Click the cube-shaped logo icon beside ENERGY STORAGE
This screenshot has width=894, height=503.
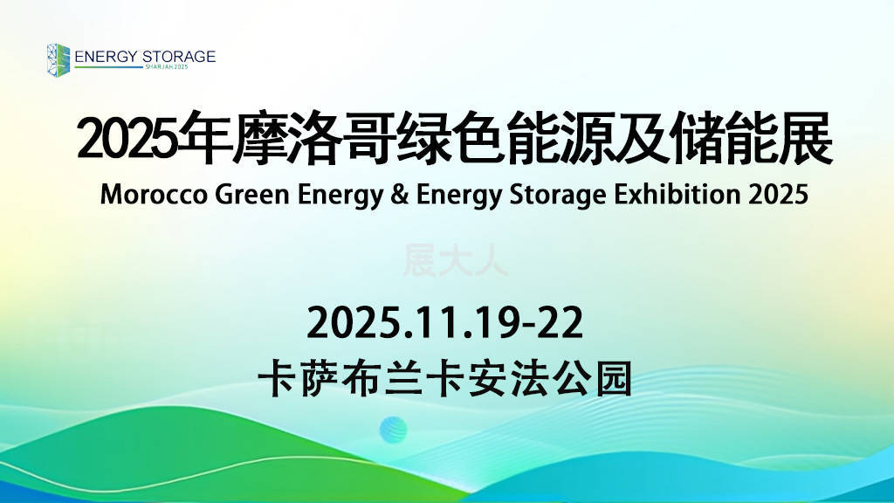(x=58, y=60)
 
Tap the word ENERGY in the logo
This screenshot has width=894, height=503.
(x=106, y=57)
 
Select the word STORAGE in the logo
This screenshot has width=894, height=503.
(x=179, y=57)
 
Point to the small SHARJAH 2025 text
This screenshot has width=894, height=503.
(x=167, y=66)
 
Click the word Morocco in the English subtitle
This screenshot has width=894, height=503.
(x=154, y=195)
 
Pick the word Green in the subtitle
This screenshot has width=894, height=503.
(x=252, y=195)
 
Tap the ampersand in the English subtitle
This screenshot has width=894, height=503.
(x=400, y=195)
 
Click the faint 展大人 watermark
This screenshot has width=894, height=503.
(x=455, y=260)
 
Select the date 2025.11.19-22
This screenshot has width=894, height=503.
(x=444, y=322)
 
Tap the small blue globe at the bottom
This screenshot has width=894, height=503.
(x=394, y=430)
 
